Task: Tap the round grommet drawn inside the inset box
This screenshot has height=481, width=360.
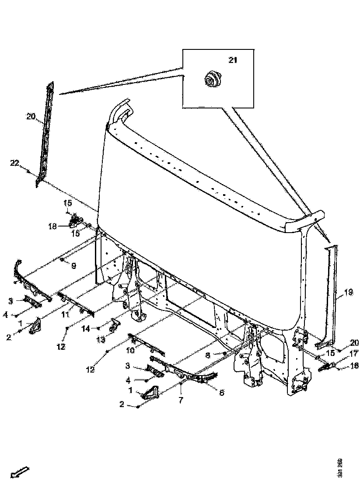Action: (x=213, y=80)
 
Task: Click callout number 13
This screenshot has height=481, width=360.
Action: (x=101, y=339)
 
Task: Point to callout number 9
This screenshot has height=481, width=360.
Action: (x=73, y=265)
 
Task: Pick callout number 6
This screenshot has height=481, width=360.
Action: (x=222, y=393)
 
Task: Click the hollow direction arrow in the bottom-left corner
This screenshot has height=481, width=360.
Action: (x=19, y=471)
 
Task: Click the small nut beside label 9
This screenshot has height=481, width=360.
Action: (x=63, y=260)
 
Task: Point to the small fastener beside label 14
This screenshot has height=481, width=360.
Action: (x=100, y=328)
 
